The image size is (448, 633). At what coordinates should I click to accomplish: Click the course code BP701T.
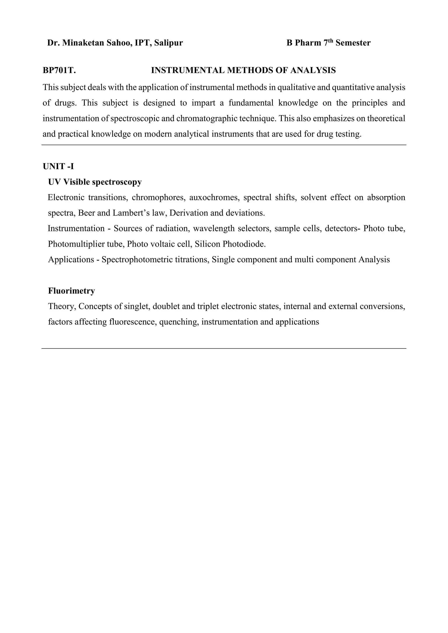[x=59, y=71]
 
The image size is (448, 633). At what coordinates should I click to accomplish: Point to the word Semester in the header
[x=353, y=43]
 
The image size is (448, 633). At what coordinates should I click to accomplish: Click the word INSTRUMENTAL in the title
[x=188, y=71]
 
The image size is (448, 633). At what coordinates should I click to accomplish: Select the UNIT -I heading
[x=58, y=167]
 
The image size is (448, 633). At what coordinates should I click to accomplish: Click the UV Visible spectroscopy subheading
[x=95, y=182]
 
